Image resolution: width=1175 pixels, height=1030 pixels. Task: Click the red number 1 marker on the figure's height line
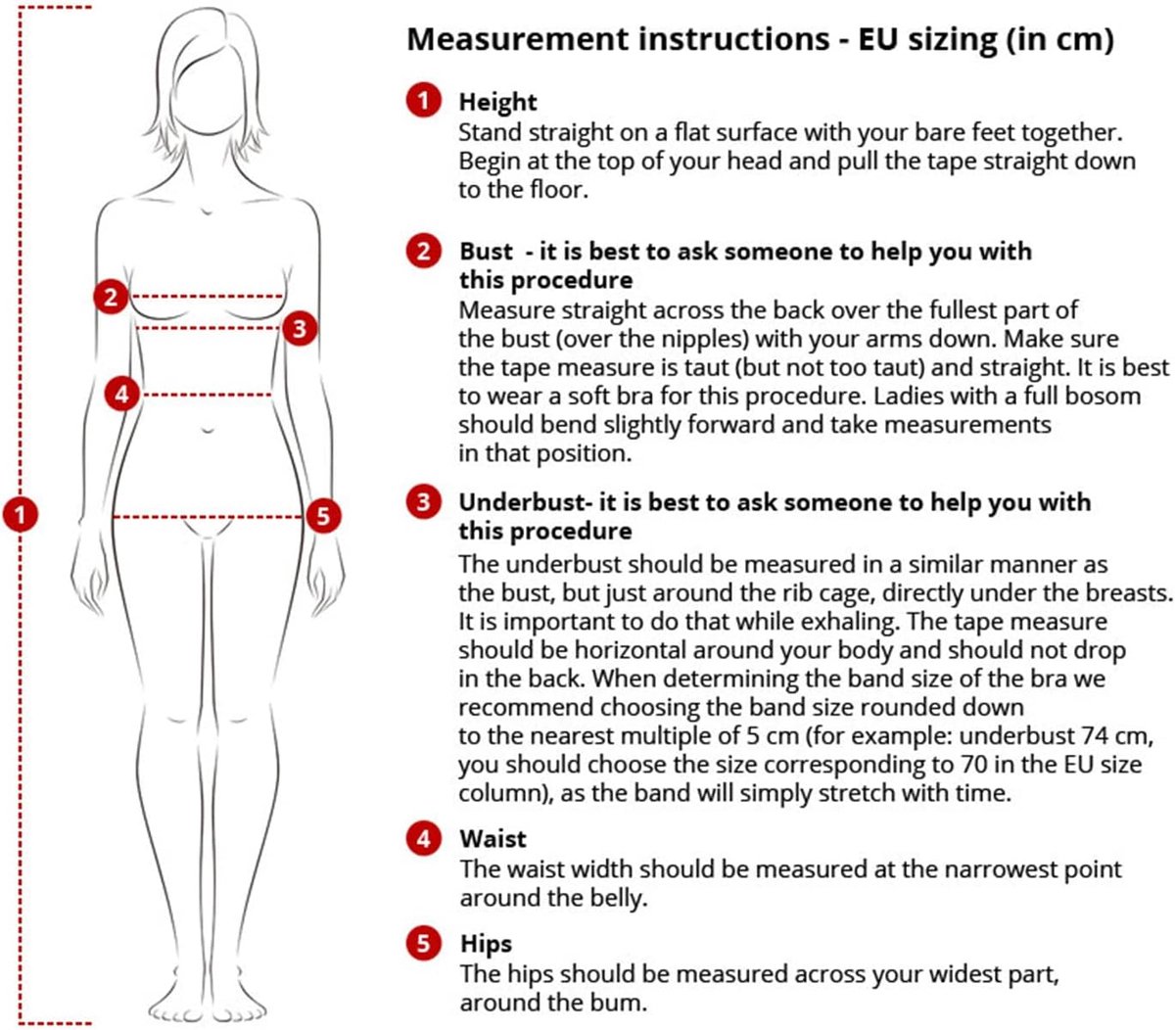click(21, 514)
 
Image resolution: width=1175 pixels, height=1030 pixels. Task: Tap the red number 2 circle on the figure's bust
click(111, 297)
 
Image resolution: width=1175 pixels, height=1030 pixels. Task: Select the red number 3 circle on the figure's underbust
click(300, 328)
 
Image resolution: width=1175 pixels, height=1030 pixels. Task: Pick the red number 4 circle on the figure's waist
click(121, 395)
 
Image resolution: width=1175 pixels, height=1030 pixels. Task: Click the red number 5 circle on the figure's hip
click(323, 516)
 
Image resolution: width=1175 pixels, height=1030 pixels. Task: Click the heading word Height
click(497, 102)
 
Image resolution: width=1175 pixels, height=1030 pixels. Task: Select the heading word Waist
click(493, 839)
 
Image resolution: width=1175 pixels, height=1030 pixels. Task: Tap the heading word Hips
click(486, 944)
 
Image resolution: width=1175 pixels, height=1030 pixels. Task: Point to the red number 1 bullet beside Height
click(423, 100)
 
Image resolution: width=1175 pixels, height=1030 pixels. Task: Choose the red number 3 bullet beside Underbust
click(423, 501)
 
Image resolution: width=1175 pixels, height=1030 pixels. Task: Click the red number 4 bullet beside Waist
click(423, 839)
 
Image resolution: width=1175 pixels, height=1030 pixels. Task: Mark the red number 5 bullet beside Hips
click(423, 944)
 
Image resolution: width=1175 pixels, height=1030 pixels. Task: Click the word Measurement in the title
click(518, 39)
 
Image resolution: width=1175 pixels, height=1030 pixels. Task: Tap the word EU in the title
click(878, 39)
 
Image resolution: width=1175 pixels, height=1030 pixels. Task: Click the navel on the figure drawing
click(207, 431)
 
